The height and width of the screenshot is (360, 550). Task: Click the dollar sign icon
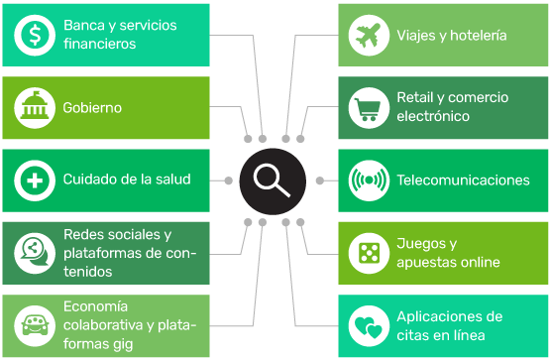click(35, 35)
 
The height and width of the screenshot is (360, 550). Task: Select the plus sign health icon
click(35, 180)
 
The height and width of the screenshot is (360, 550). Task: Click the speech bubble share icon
click(35, 253)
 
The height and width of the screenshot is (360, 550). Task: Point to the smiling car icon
click(35, 325)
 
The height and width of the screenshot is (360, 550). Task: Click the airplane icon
click(369, 35)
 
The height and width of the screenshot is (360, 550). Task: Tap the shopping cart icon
click(369, 108)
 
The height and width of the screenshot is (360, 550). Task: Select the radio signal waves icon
click(369, 180)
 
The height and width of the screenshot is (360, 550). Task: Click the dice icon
click(369, 253)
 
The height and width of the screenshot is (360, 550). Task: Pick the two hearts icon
click(369, 326)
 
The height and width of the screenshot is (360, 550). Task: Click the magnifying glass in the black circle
click(273, 180)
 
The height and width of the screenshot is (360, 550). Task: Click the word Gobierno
click(92, 108)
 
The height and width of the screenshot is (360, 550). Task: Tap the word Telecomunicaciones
click(463, 180)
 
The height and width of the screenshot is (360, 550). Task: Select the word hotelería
click(478, 36)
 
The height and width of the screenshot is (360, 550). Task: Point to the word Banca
click(84, 25)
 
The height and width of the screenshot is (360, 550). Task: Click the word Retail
click(415, 97)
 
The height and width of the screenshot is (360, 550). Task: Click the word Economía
click(95, 306)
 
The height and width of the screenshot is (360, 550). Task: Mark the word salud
click(173, 180)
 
